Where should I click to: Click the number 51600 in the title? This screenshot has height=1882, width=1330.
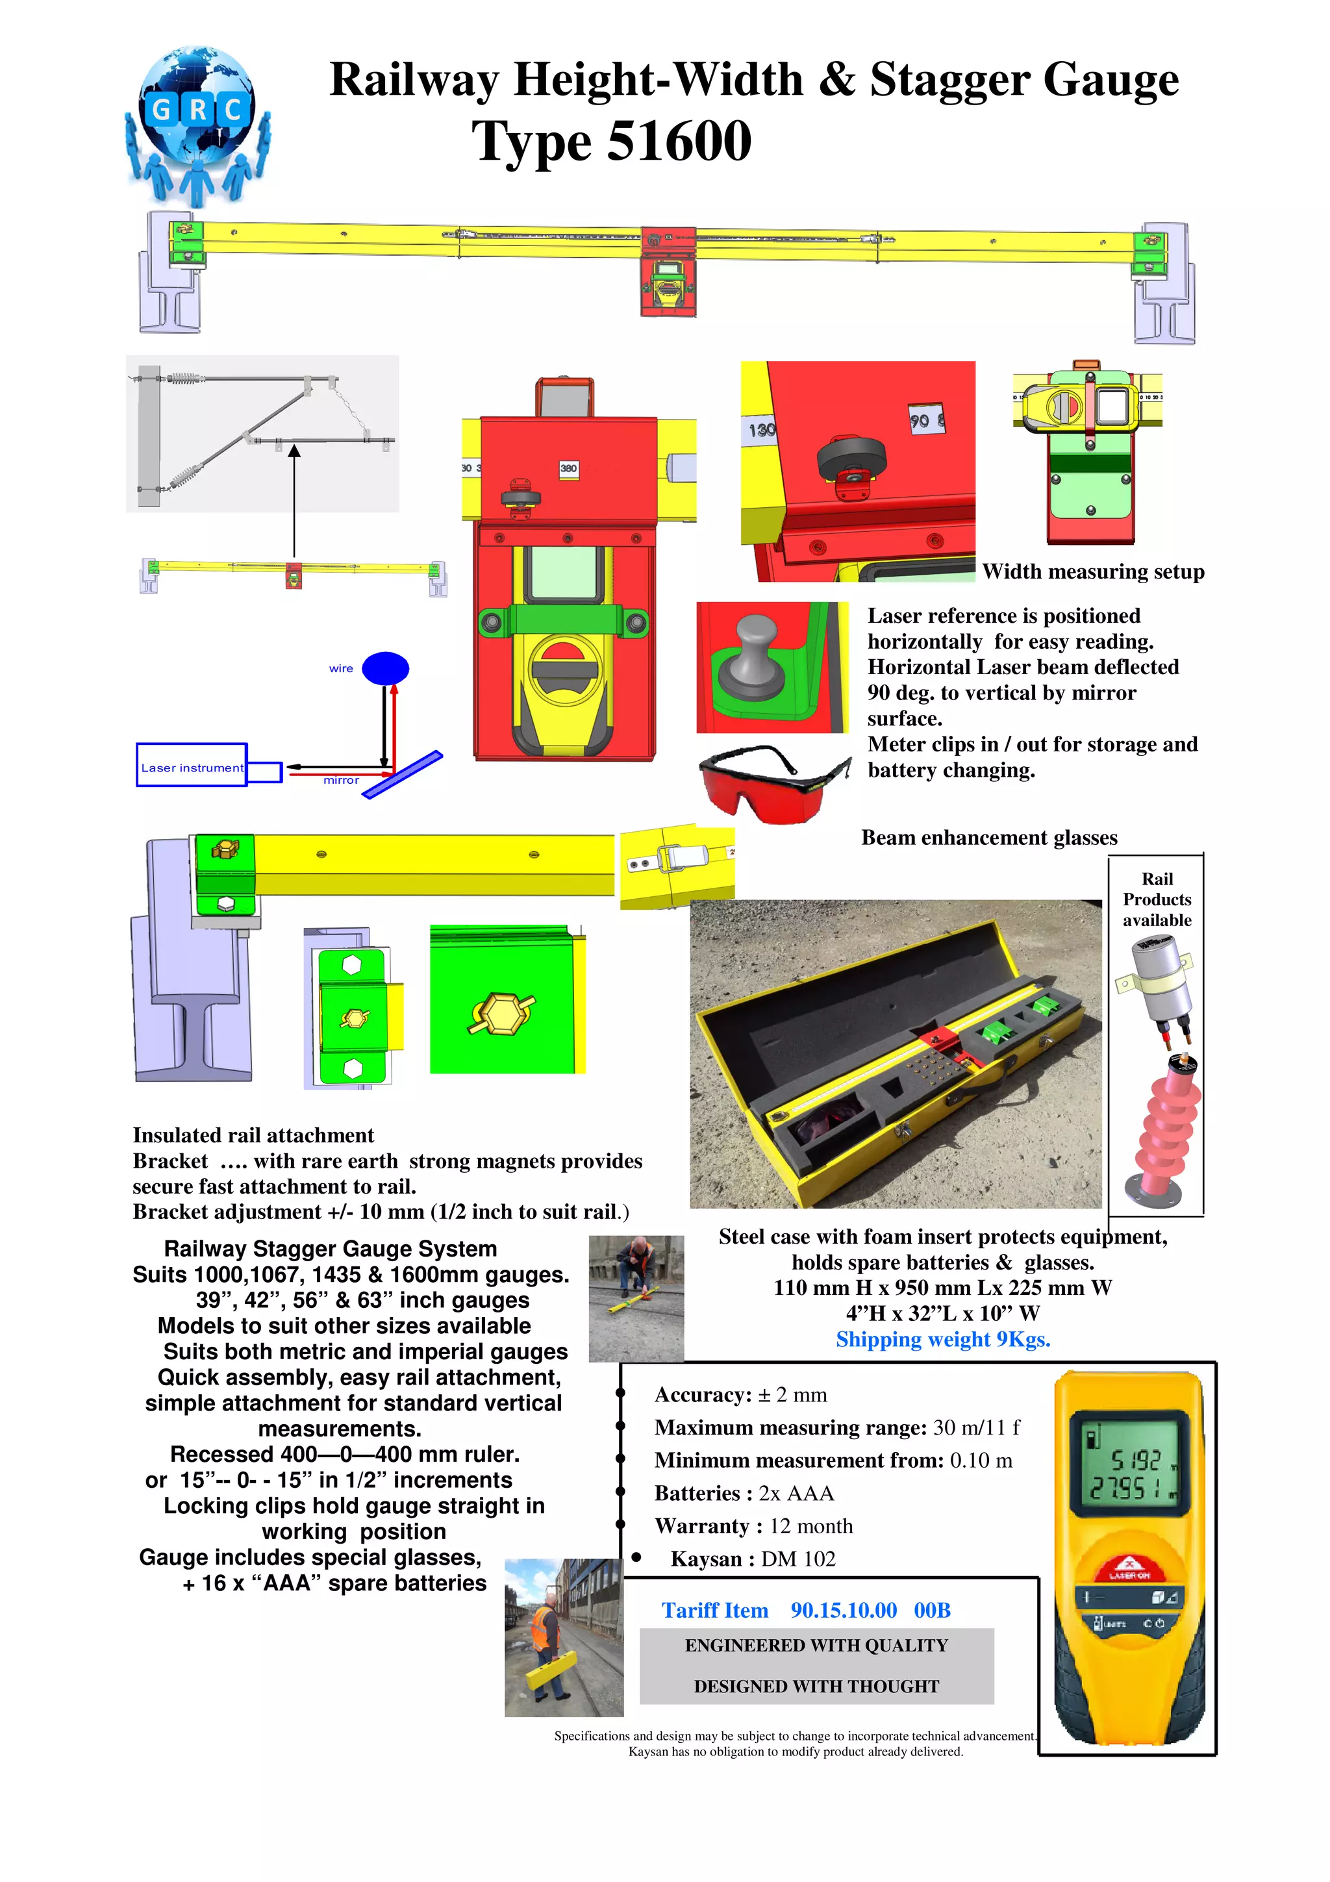pos(679,141)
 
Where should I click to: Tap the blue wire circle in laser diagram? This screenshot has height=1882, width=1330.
pos(385,668)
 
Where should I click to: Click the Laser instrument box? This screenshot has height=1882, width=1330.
pos(192,766)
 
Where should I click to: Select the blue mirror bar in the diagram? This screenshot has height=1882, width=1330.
pos(403,775)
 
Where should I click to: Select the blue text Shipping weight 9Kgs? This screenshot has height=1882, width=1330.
pos(942,1339)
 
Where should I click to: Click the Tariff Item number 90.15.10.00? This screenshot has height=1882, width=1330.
pos(843,1611)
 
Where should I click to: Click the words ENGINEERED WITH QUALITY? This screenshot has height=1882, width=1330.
pos(816,1646)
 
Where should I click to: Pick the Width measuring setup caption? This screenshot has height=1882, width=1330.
pos(1092,572)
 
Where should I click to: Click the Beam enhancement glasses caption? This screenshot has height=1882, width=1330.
pos(989,838)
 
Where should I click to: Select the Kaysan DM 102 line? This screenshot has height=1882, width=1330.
pos(752,1559)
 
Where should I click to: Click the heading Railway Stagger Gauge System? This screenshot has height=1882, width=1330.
pos(331,1249)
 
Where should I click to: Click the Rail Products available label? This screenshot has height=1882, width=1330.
pos(1156,899)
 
